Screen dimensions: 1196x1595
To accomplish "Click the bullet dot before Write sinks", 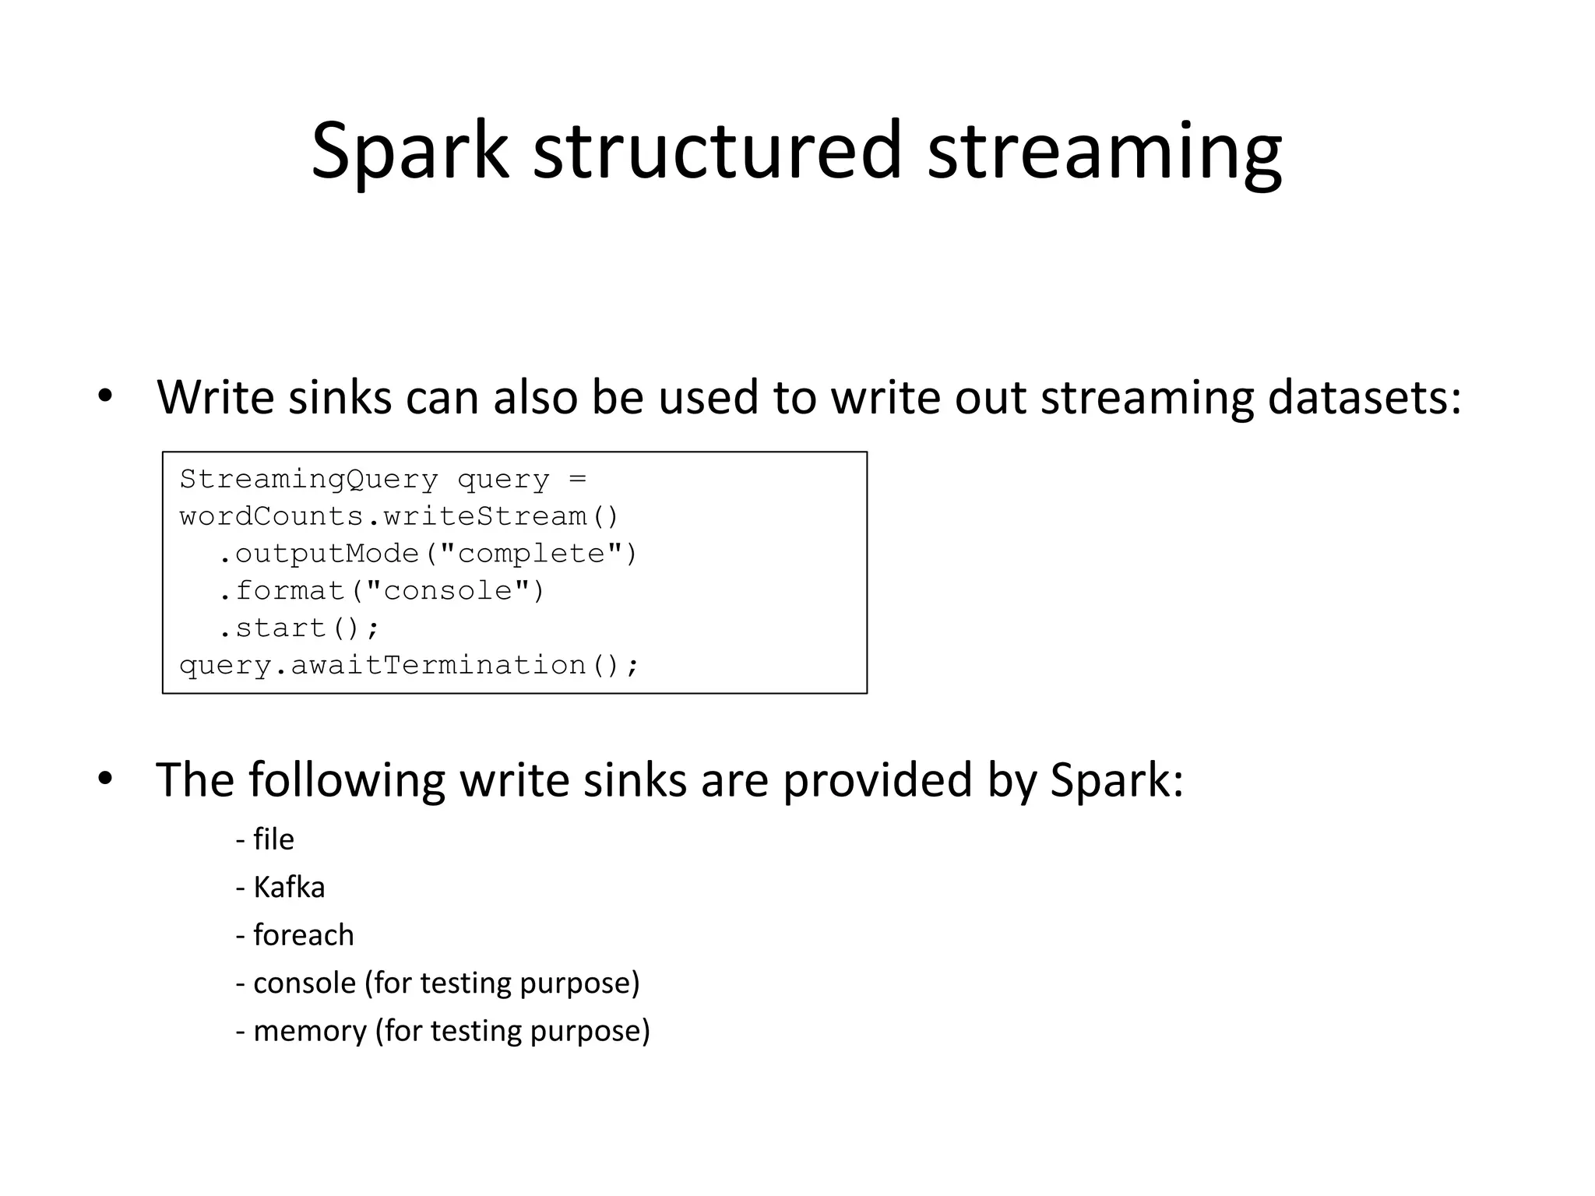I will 106,397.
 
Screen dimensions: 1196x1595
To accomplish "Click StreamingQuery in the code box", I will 308,480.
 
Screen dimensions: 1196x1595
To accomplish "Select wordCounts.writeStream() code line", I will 399,516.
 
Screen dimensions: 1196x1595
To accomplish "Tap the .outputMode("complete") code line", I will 427,554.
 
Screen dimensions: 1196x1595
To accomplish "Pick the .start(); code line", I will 298,628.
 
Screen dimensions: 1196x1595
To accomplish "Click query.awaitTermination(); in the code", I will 408,666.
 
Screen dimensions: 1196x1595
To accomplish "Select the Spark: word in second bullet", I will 1117,779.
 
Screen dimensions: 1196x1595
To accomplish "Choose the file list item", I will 273,839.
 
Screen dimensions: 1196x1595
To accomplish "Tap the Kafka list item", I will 288,888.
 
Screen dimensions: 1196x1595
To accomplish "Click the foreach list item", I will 303,935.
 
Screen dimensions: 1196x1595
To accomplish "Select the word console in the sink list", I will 305,983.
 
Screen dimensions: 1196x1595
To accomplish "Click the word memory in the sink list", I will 310,1032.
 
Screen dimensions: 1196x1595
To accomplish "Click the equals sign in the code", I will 577,480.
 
